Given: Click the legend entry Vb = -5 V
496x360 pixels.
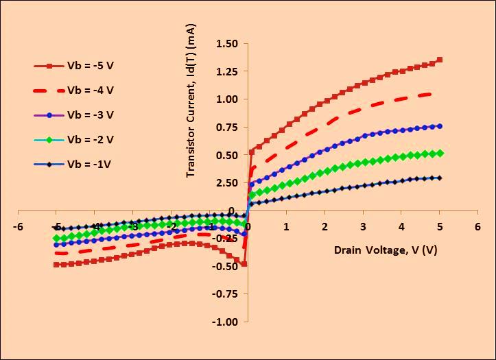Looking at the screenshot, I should point(90,66).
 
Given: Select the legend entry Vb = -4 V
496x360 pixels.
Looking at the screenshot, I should point(90,90).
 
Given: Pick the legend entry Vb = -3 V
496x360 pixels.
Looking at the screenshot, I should point(90,115).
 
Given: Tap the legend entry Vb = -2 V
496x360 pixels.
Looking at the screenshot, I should point(90,139).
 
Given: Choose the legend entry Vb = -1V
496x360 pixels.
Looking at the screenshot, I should point(88,163).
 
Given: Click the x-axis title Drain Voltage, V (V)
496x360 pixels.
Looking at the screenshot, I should point(385,250).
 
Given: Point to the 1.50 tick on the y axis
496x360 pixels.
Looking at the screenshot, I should point(227,44).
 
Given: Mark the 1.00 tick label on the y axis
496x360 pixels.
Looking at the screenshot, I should point(227,99).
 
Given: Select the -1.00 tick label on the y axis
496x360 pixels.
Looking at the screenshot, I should point(225,322).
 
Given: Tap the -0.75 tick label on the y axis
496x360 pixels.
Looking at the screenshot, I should point(225,294).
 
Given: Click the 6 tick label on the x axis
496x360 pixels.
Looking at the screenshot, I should point(477,226).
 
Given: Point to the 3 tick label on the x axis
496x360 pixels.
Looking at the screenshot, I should point(363,226).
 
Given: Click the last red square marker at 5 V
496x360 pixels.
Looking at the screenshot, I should point(440,60).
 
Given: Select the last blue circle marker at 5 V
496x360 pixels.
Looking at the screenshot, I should point(440,126).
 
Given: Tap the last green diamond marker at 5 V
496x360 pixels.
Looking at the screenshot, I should point(440,153).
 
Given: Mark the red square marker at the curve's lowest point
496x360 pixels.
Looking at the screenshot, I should point(244,264).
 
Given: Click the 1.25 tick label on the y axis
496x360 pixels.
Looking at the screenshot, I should point(227,71).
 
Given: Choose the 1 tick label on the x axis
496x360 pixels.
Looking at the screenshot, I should point(286,226).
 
